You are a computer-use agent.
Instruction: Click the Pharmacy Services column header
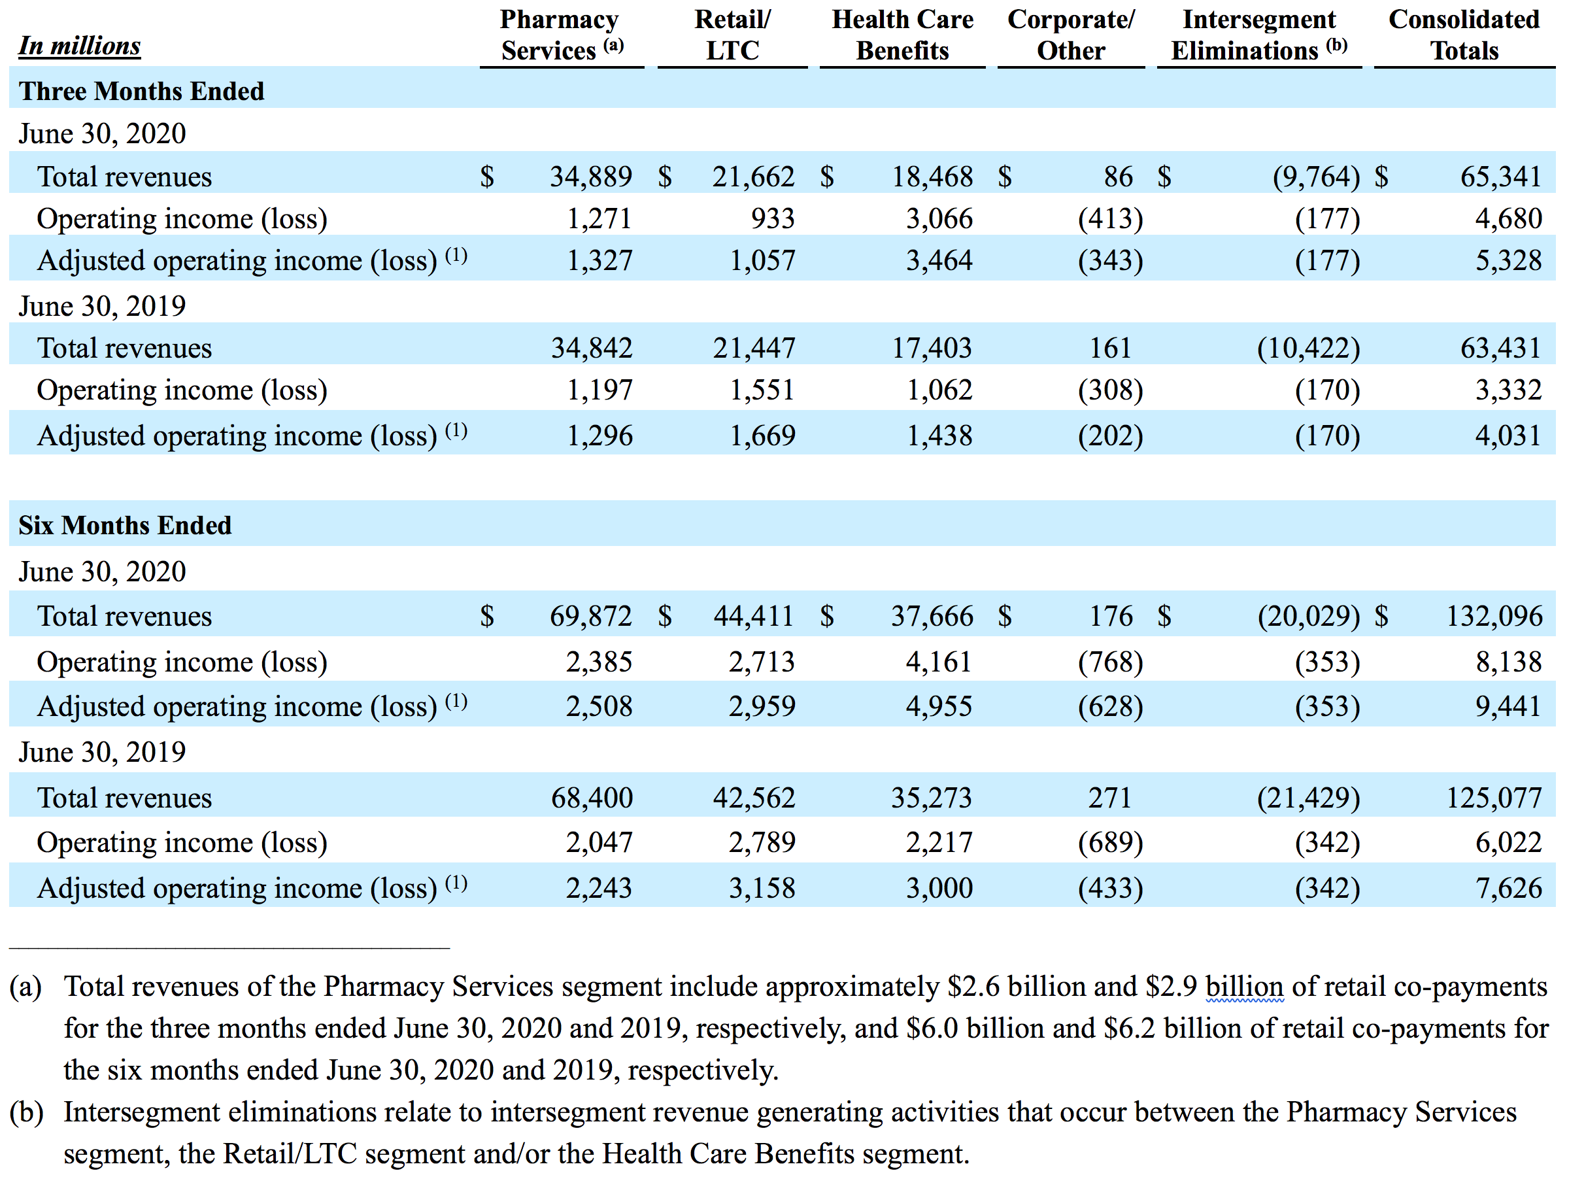click(x=561, y=35)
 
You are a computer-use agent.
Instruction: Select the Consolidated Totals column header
click(x=1464, y=35)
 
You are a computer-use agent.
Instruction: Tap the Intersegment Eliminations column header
click(x=1259, y=35)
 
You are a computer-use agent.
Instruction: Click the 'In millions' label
click(x=80, y=45)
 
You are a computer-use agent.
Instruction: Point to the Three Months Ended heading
click(x=141, y=91)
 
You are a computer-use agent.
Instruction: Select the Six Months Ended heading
click(x=125, y=525)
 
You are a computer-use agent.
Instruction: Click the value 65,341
click(x=1501, y=177)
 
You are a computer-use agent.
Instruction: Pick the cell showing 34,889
click(x=591, y=177)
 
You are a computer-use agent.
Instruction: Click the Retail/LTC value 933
click(x=773, y=218)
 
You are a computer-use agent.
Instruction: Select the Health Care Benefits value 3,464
click(x=939, y=260)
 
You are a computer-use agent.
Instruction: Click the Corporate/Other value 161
click(x=1110, y=348)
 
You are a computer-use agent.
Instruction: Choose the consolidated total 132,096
click(x=1494, y=616)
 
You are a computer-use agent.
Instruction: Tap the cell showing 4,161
click(x=939, y=662)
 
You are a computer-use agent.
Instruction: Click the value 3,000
click(x=939, y=887)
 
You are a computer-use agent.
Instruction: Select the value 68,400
click(x=592, y=798)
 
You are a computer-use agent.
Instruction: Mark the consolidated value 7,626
click(x=1509, y=887)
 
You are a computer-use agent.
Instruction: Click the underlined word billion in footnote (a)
click(x=1244, y=986)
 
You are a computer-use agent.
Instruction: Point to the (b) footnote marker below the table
click(x=26, y=1112)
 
